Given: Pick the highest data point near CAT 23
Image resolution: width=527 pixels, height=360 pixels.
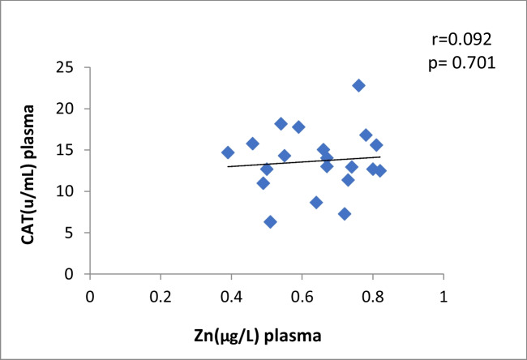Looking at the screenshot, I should tap(358, 85).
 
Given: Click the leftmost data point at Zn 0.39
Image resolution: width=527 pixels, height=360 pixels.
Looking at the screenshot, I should tap(228, 152).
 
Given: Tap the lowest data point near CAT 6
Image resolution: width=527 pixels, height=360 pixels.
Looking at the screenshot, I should tap(270, 221).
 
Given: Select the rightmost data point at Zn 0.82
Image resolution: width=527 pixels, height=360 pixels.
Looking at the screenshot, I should tap(379, 170).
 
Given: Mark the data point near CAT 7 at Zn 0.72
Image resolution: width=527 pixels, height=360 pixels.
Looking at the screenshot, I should tap(345, 214).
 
